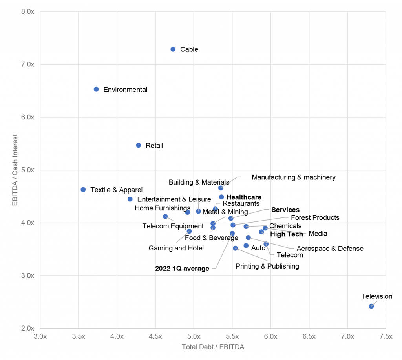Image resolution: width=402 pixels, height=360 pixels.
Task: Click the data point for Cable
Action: coord(173,49)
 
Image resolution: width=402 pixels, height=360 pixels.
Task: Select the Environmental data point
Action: coord(96,89)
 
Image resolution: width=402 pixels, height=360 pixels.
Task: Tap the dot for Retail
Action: coord(138,145)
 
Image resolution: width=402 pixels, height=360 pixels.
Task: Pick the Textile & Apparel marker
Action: coord(83,190)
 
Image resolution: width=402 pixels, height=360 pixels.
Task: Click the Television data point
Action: coord(371,306)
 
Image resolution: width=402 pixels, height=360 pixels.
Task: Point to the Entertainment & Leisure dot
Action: coord(130,199)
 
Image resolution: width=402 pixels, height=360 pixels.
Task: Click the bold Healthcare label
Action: coord(244,197)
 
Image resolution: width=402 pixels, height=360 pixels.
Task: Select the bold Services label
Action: coord(285,210)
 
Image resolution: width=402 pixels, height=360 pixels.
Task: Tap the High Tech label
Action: coord(287,234)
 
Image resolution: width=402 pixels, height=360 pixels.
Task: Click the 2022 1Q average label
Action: coord(182,269)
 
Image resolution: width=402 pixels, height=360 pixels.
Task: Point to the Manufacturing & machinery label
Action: coord(294,177)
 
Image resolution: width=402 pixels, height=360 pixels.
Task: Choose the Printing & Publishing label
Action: coord(267,266)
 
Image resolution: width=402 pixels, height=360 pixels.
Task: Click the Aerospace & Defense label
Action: coord(330,249)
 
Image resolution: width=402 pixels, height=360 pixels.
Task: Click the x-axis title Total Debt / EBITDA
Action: coord(213,347)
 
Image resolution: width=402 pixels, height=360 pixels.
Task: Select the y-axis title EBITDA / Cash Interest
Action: coord(15,170)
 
